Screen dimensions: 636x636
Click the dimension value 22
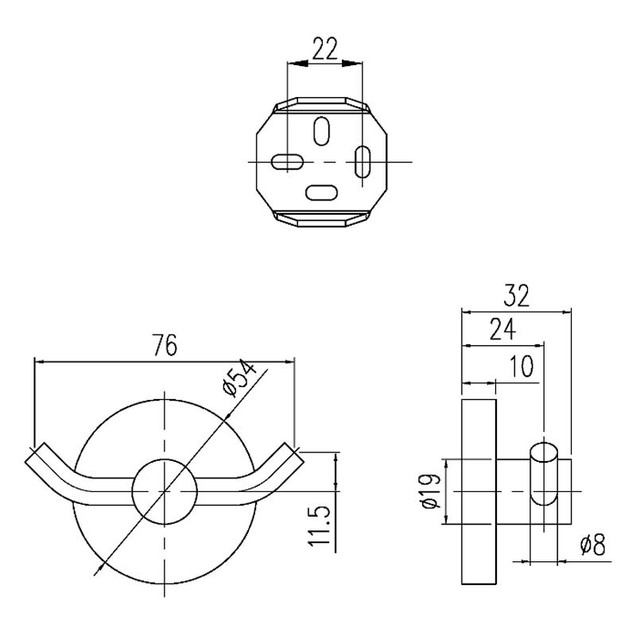325,48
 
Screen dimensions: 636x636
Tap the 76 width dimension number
165,345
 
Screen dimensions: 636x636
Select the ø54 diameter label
239,378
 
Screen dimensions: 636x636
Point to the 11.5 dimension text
320,526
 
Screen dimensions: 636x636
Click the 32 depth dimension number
516,296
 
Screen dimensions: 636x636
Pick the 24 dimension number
502,329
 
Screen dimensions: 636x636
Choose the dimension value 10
521,366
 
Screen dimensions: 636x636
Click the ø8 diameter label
592,545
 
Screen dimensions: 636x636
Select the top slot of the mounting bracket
322,131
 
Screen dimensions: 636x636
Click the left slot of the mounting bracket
287,161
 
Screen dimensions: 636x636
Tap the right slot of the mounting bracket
363,161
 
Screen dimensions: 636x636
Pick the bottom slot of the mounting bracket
321,192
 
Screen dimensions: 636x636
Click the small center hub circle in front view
165,491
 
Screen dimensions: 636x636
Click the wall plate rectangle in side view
479,491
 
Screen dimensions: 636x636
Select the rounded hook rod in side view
544,474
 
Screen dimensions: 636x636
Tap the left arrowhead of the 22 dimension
297,64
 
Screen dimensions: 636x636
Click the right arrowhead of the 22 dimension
351,64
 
